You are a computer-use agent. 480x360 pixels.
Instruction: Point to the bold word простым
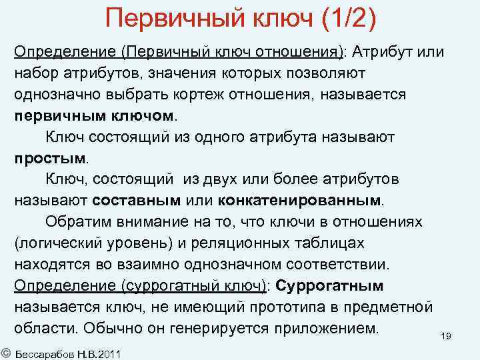click(49, 158)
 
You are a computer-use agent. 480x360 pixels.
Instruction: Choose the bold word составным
click(137, 201)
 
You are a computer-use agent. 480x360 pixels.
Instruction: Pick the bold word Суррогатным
click(329, 286)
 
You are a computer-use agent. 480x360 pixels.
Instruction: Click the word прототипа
click(297, 307)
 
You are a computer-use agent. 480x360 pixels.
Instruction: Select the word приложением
click(321, 329)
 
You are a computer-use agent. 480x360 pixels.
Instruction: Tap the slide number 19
click(446, 336)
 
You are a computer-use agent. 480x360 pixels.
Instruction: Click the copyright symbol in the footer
click(6, 351)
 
